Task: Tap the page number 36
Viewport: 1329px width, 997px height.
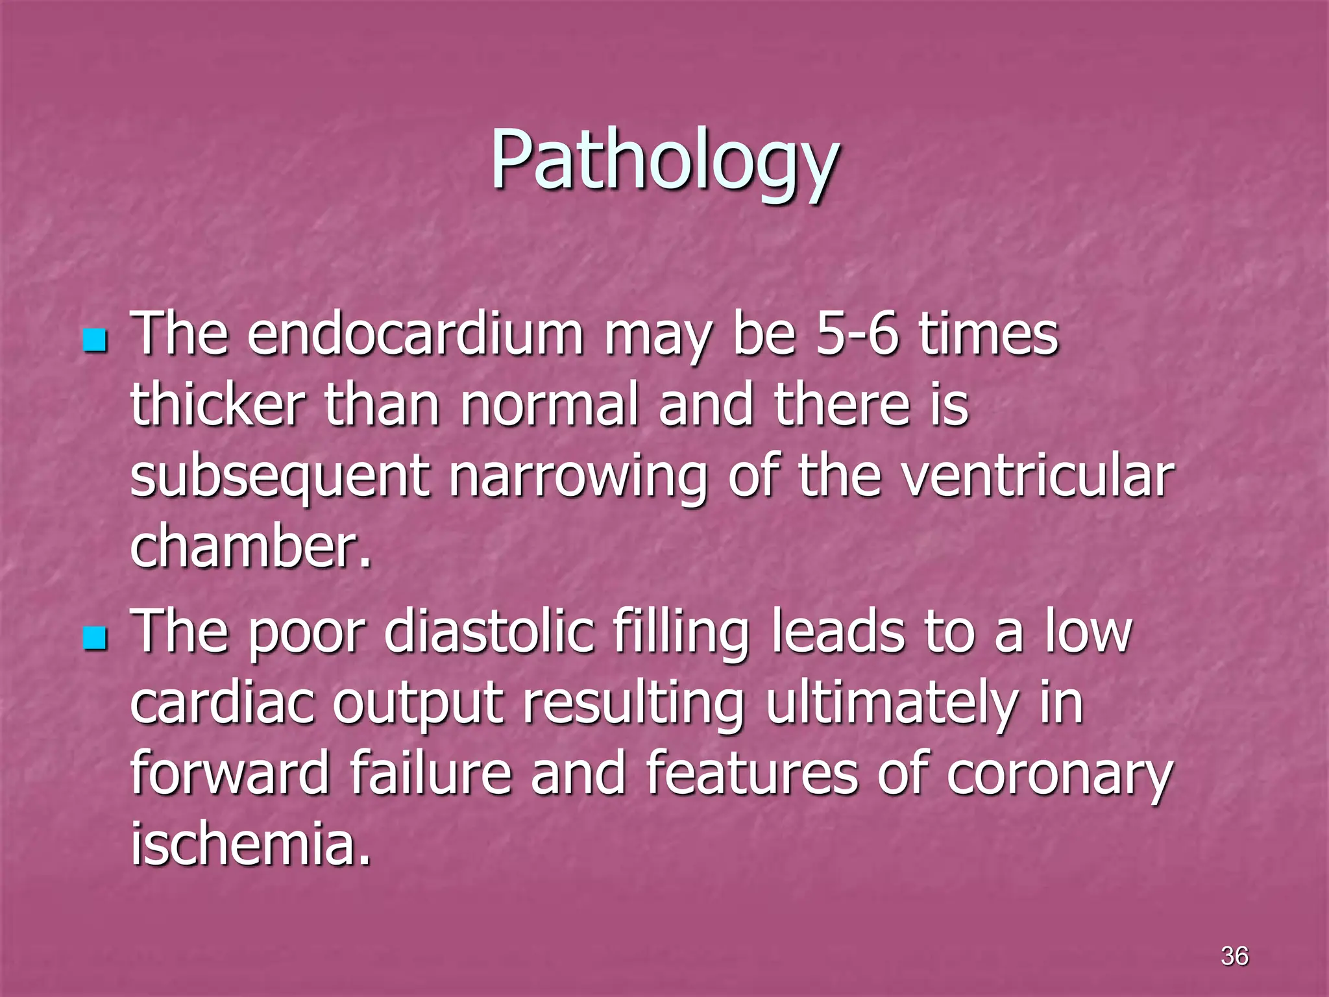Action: (1234, 955)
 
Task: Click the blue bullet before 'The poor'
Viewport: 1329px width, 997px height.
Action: (95, 638)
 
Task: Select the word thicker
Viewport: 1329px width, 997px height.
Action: (217, 405)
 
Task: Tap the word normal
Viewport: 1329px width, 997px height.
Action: (549, 405)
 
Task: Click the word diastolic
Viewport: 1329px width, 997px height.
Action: (489, 632)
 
